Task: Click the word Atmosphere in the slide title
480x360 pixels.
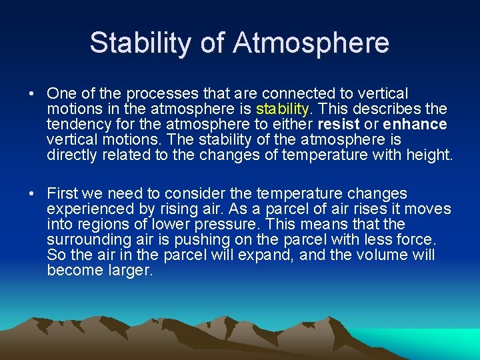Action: click(x=311, y=43)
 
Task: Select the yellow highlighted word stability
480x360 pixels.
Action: click(x=283, y=109)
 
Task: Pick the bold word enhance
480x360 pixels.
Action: click(x=415, y=124)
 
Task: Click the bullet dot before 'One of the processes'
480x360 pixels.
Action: click(x=33, y=94)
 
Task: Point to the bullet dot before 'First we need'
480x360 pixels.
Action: click(x=33, y=194)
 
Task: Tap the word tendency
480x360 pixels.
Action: click(x=76, y=124)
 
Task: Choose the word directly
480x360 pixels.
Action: click(x=70, y=155)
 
